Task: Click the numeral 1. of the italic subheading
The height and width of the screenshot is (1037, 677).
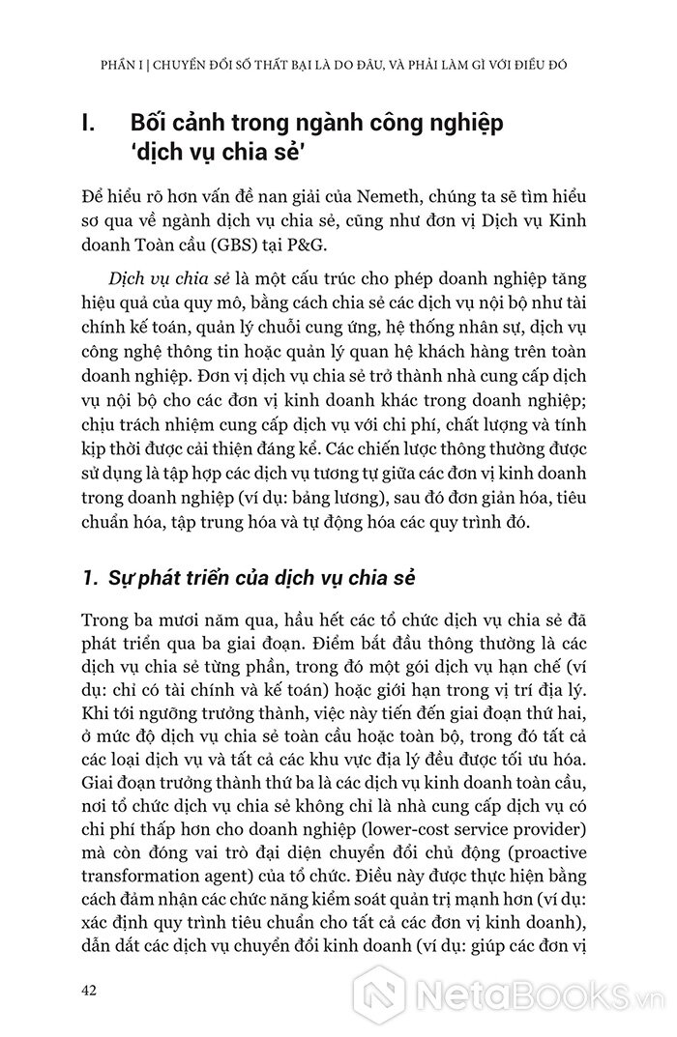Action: tap(93, 577)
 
